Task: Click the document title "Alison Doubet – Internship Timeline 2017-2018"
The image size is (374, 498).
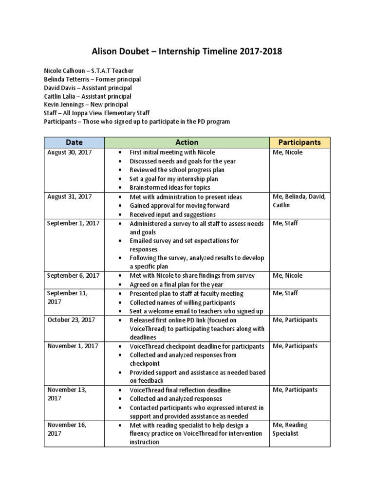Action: (187, 52)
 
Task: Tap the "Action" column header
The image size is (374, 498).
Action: (187, 142)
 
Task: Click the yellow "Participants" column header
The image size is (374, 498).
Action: (299, 142)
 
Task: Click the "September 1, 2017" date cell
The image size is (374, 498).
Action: (73, 223)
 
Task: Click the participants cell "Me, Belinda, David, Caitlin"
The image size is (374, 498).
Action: (299, 201)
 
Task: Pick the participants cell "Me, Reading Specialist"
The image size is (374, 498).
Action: (290, 429)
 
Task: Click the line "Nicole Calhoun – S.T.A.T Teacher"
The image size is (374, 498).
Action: (88, 71)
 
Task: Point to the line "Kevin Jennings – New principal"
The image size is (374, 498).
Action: (86, 105)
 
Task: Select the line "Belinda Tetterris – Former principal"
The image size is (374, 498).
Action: (93, 79)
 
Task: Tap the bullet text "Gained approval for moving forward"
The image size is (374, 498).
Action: (179, 206)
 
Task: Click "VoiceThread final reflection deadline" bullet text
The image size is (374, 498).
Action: (180, 390)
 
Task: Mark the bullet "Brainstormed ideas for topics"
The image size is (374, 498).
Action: (170, 188)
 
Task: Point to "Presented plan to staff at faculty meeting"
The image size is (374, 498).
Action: (187, 294)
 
